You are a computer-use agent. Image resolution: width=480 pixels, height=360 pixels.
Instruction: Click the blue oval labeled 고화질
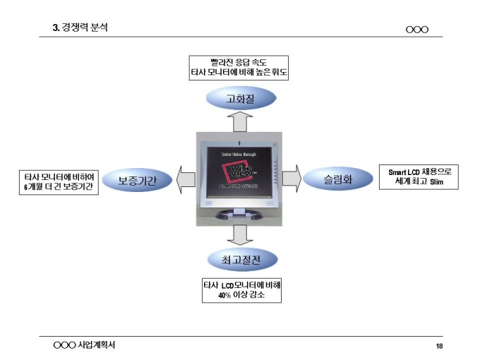click(x=241, y=97)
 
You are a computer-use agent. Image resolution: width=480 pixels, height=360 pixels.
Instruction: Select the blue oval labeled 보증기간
click(x=137, y=180)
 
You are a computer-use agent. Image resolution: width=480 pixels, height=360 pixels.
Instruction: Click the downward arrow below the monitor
click(x=241, y=234)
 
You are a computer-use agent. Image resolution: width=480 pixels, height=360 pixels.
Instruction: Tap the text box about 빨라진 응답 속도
click(x=241, y=67)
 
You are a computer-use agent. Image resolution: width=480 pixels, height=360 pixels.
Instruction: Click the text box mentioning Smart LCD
click(x=419, y=176)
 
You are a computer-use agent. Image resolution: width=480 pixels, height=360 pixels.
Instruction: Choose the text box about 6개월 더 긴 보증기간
click(x=59, y=183)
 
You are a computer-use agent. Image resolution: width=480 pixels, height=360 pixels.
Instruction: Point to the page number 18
click(x=439, y=346)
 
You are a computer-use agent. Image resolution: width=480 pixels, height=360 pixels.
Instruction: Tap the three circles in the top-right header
click(x=417, y=29)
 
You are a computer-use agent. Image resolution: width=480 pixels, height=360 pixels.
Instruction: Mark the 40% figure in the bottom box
click(x=223, y=296)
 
